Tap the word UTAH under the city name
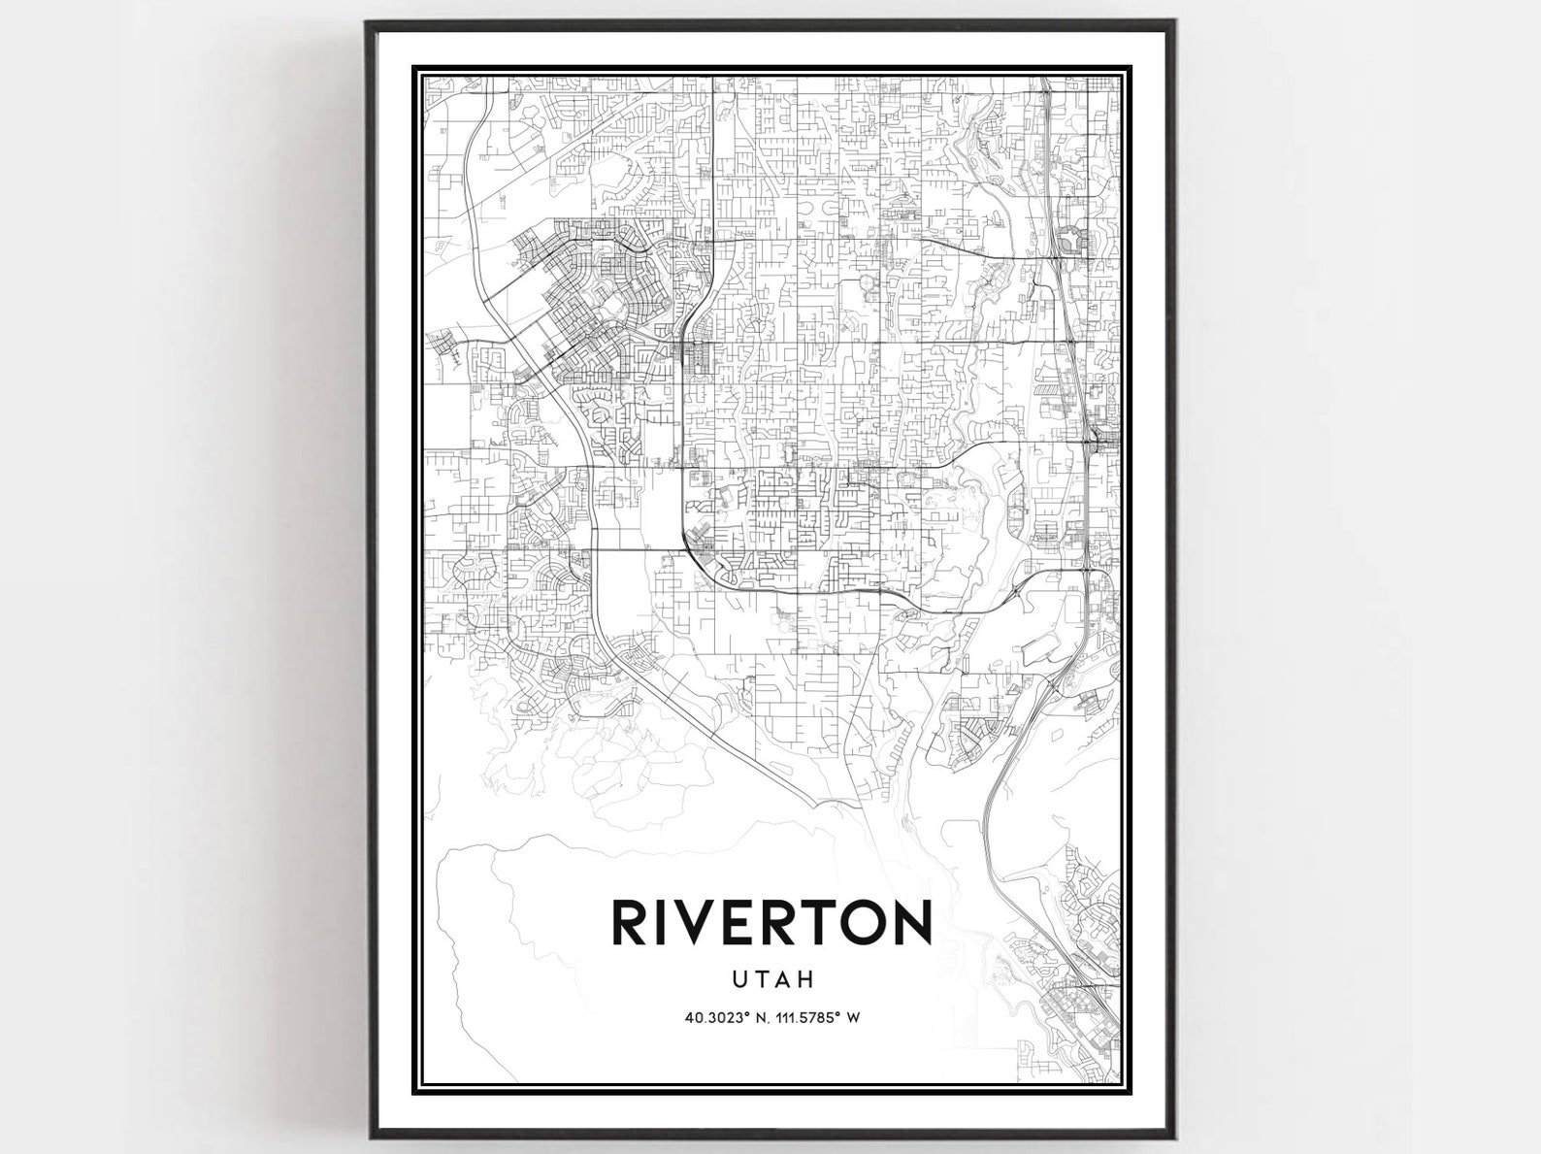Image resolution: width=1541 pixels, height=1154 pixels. click(x=772, y=979)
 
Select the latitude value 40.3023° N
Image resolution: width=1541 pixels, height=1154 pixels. click(x=725, y=1018)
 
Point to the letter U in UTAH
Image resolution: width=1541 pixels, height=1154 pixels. click(x=740, y=979)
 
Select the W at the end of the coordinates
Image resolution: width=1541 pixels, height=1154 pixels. click(x=854, y=1018)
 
